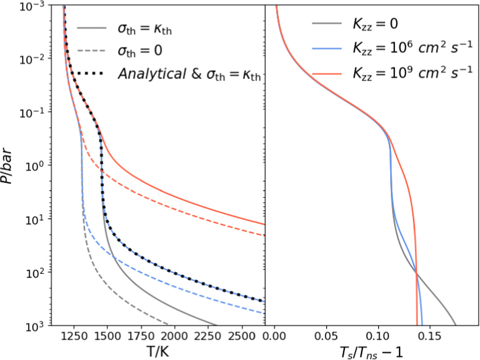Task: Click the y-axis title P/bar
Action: [10, 165]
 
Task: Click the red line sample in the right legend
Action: [326, 72]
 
